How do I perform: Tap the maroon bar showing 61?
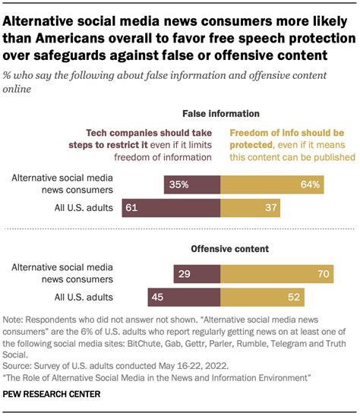point(171,207)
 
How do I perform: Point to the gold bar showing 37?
point(251,207)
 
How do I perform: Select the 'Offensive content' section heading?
point(221,248)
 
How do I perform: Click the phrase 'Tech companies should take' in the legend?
point(149,131)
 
